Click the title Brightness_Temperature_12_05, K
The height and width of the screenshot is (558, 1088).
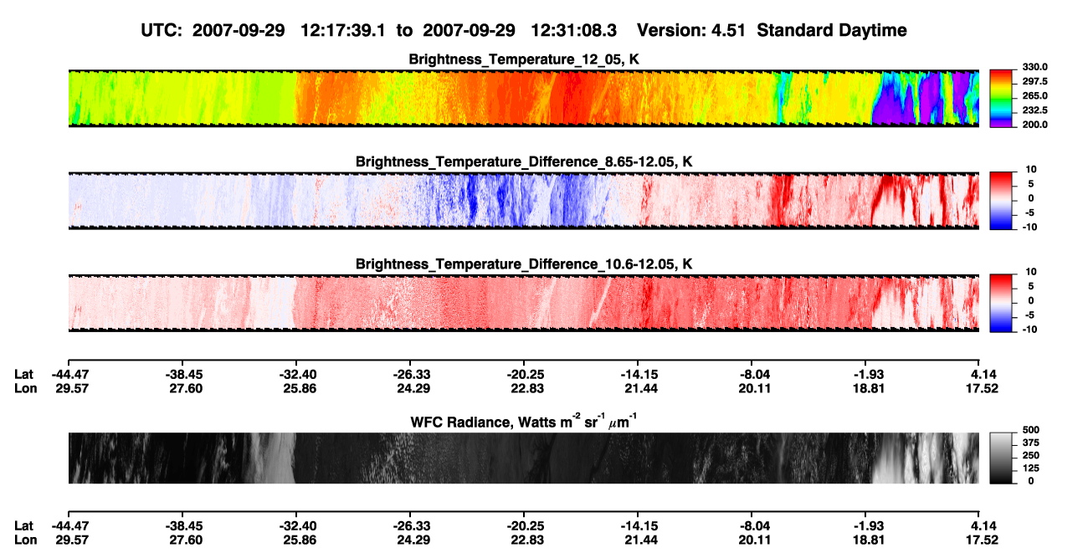524,59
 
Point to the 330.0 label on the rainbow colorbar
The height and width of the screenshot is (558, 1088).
1034,67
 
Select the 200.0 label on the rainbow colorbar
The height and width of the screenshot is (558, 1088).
1034,125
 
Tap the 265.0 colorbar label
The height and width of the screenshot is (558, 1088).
1034,95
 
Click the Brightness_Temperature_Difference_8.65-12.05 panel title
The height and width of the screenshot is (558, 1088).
524,161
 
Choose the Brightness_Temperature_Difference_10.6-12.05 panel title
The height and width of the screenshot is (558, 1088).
524,264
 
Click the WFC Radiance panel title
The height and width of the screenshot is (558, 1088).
524,421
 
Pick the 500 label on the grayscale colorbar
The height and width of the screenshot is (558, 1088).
1031,430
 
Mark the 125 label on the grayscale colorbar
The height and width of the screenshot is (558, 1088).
1031,468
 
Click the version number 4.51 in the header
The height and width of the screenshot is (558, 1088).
728,30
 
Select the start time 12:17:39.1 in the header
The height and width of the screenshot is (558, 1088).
343,30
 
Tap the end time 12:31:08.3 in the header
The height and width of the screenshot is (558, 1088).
573,30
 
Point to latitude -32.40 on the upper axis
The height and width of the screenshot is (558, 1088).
297,375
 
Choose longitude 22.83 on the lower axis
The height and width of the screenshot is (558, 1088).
527,540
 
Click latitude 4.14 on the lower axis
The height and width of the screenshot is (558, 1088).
983,526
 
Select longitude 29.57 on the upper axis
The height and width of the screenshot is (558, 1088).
72,388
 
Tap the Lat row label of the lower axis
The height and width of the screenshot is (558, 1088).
23,526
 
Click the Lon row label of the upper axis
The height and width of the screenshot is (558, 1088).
25,388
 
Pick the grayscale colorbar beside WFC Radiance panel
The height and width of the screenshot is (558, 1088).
1002,458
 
